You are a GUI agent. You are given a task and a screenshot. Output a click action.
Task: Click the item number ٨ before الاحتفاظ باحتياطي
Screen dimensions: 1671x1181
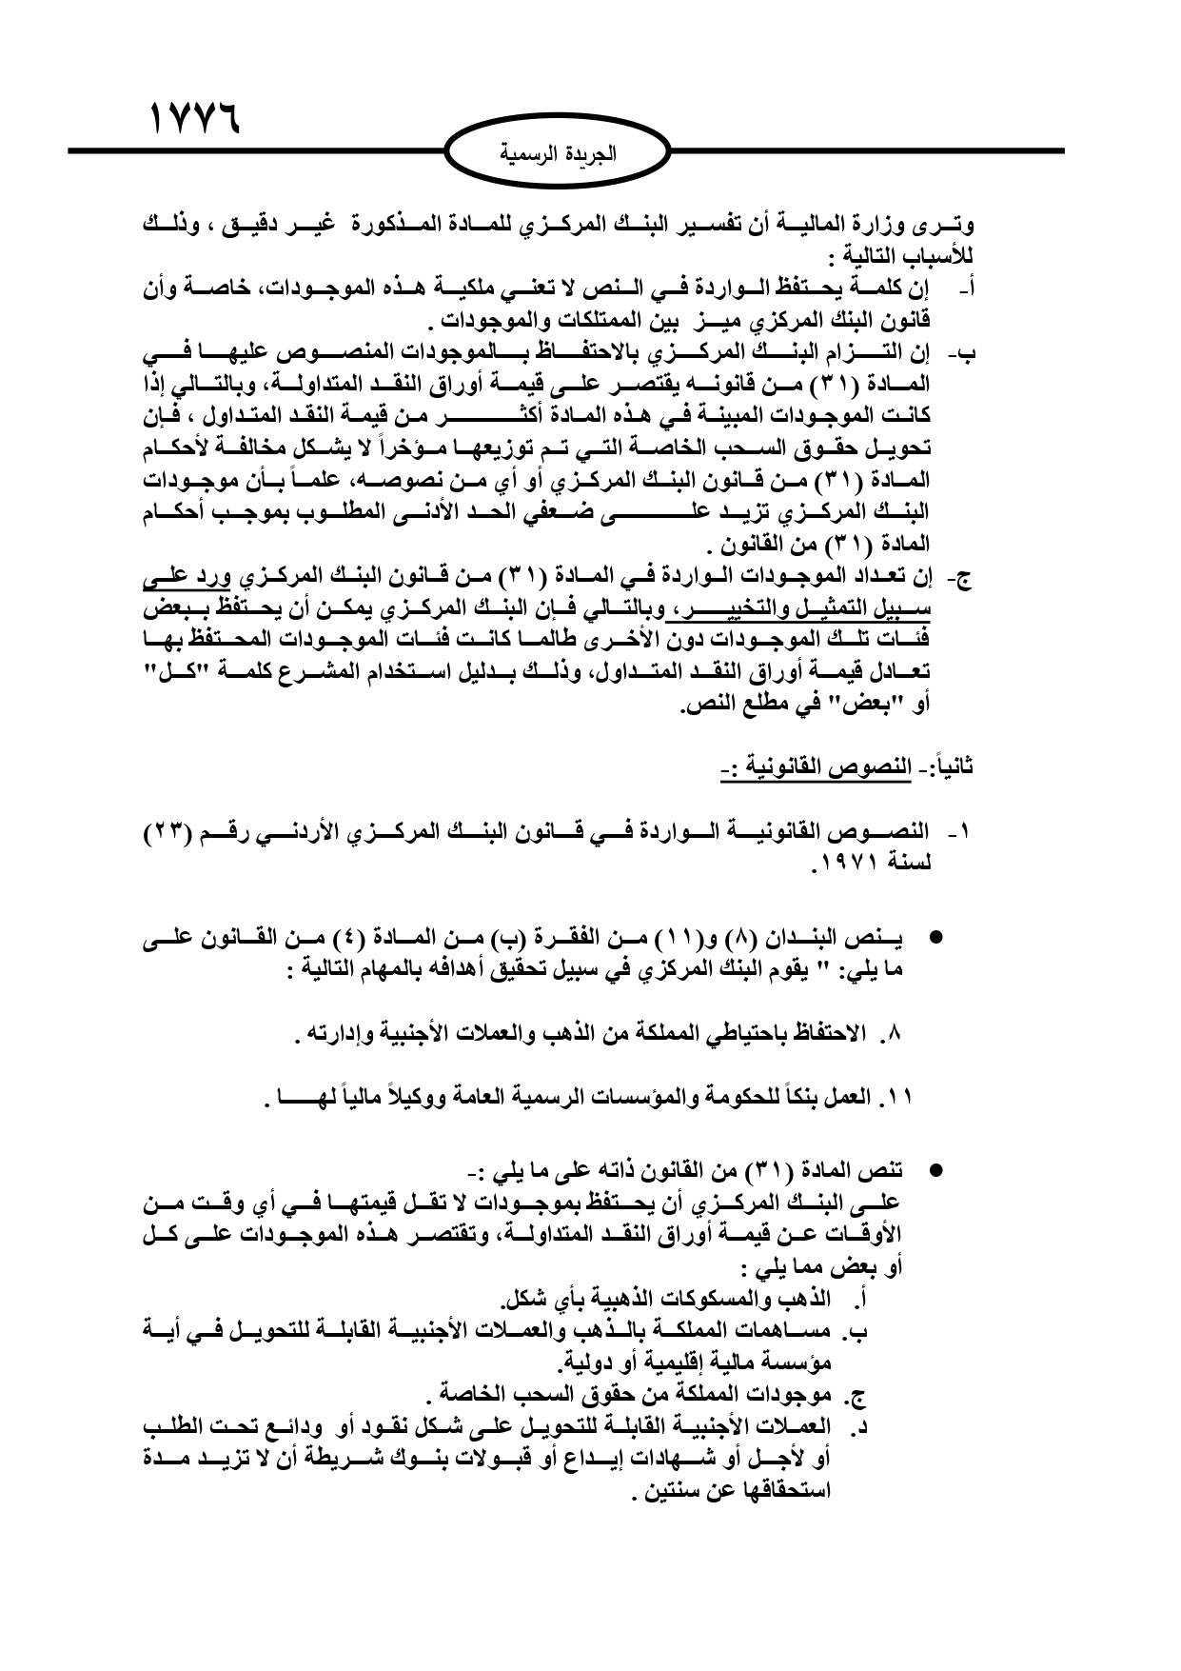pyautogui.click(x=893, y=1032)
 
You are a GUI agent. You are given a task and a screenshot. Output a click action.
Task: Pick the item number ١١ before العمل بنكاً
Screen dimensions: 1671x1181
pyautogui.click(x=897, y=1097)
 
